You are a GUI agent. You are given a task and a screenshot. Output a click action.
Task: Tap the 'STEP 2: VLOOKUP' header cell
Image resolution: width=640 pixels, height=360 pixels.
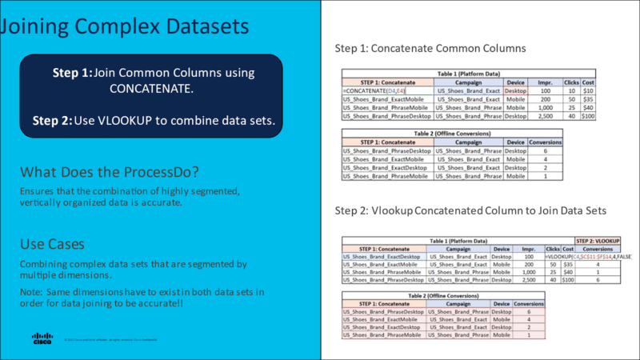(x=598, y=240)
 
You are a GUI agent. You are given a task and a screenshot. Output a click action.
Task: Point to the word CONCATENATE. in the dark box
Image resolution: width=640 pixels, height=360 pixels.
(x=151, y=89)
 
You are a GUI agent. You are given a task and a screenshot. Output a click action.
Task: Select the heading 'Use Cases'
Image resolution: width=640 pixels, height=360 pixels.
(x=53, y=242)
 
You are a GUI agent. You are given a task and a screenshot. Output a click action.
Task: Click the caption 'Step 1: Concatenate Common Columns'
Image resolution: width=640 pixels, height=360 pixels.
(x=430, y=48)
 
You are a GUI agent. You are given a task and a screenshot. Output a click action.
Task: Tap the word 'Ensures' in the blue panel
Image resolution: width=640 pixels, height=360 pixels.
(x=37, y=192)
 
